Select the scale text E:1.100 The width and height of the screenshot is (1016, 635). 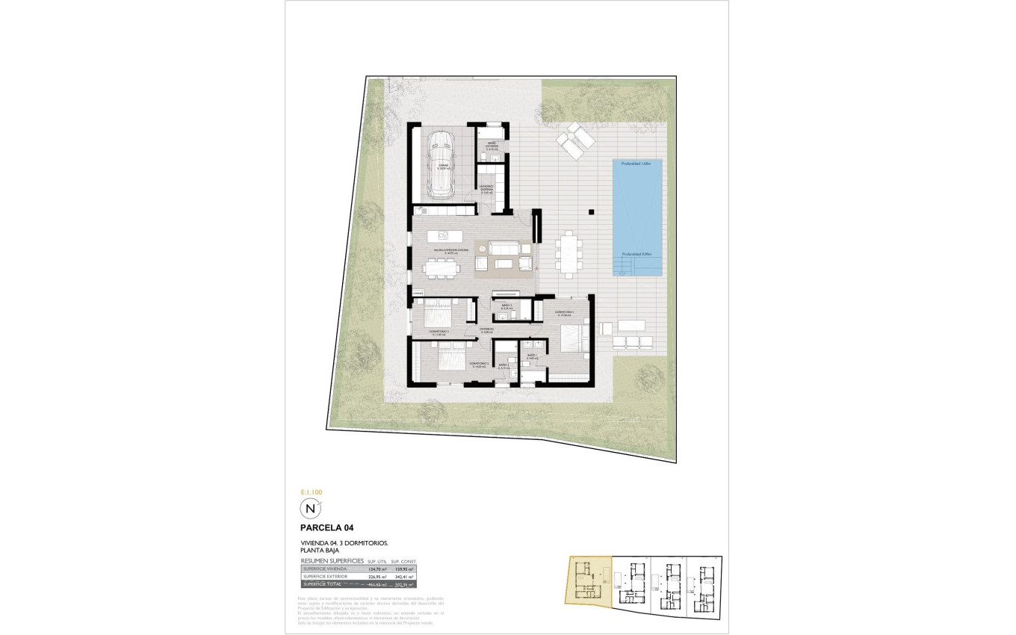click(310, 492)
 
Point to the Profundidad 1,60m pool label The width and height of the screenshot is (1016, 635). click(636, 163)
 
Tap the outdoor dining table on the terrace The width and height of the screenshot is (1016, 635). click(569, 253)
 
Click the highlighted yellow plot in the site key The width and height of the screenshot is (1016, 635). click(589, 580)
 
